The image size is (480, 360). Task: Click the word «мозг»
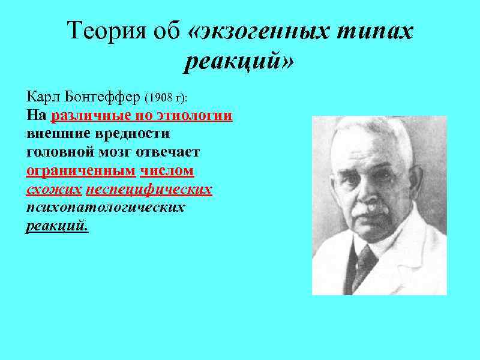113,152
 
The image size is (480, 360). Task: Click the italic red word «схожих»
54,190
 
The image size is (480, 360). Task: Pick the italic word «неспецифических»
149,190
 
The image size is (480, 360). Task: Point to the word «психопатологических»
106,208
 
